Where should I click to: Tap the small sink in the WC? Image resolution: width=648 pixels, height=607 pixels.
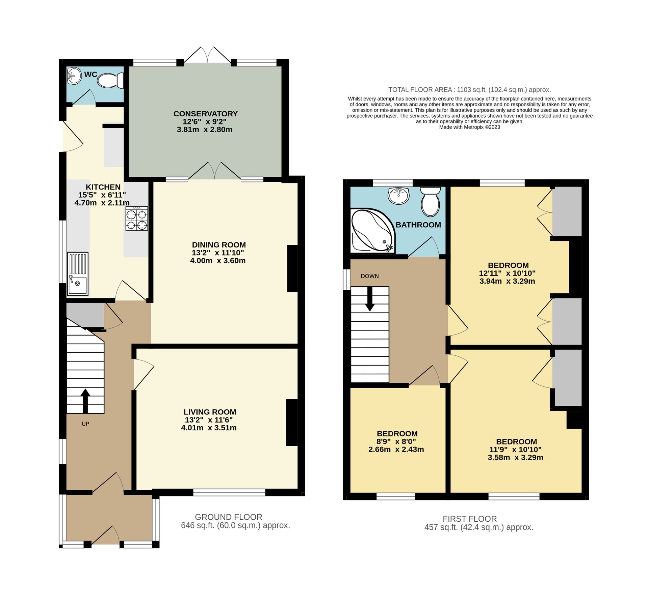pyautogui.click(x=74, y=76)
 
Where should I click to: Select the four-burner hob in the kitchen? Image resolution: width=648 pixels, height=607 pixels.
pyautogui.click(x=137, y=219)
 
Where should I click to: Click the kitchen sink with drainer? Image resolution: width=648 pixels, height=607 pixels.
pyautogui.click(x=78, y=274)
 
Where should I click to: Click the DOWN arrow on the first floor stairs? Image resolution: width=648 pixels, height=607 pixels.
pyautogui.click(x=370, y=299)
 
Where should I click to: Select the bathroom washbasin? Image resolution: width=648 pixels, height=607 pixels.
pyautogui.click(x=398, y=196)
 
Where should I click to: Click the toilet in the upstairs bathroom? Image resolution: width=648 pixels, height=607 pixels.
pyautogui.click(x=431, y=202)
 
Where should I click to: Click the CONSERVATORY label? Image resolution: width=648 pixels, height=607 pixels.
pyautogui.click(x=205, y=114)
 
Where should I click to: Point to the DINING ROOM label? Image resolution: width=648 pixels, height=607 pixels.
pyautogui.click(x=219, y=245)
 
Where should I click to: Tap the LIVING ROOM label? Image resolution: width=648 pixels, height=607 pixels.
pyautogui.click(x=210, y=412)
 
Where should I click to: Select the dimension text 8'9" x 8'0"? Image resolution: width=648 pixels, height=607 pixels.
pyautogui.click(x=396, y=441)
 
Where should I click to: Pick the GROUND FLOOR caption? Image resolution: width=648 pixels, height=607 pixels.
pyautogui.click(x=228, y=517)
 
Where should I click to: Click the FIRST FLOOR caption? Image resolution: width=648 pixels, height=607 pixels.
pyautogui.click(x=469, y=519)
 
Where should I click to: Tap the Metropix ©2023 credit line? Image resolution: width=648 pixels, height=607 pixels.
pyautogui.click(x=469, y=127)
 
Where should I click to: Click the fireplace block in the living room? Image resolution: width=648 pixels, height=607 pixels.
pyautogui.click(x=292, y=423)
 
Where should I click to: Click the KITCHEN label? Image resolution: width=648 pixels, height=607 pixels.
pyautogui.click(x=103, y=187)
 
